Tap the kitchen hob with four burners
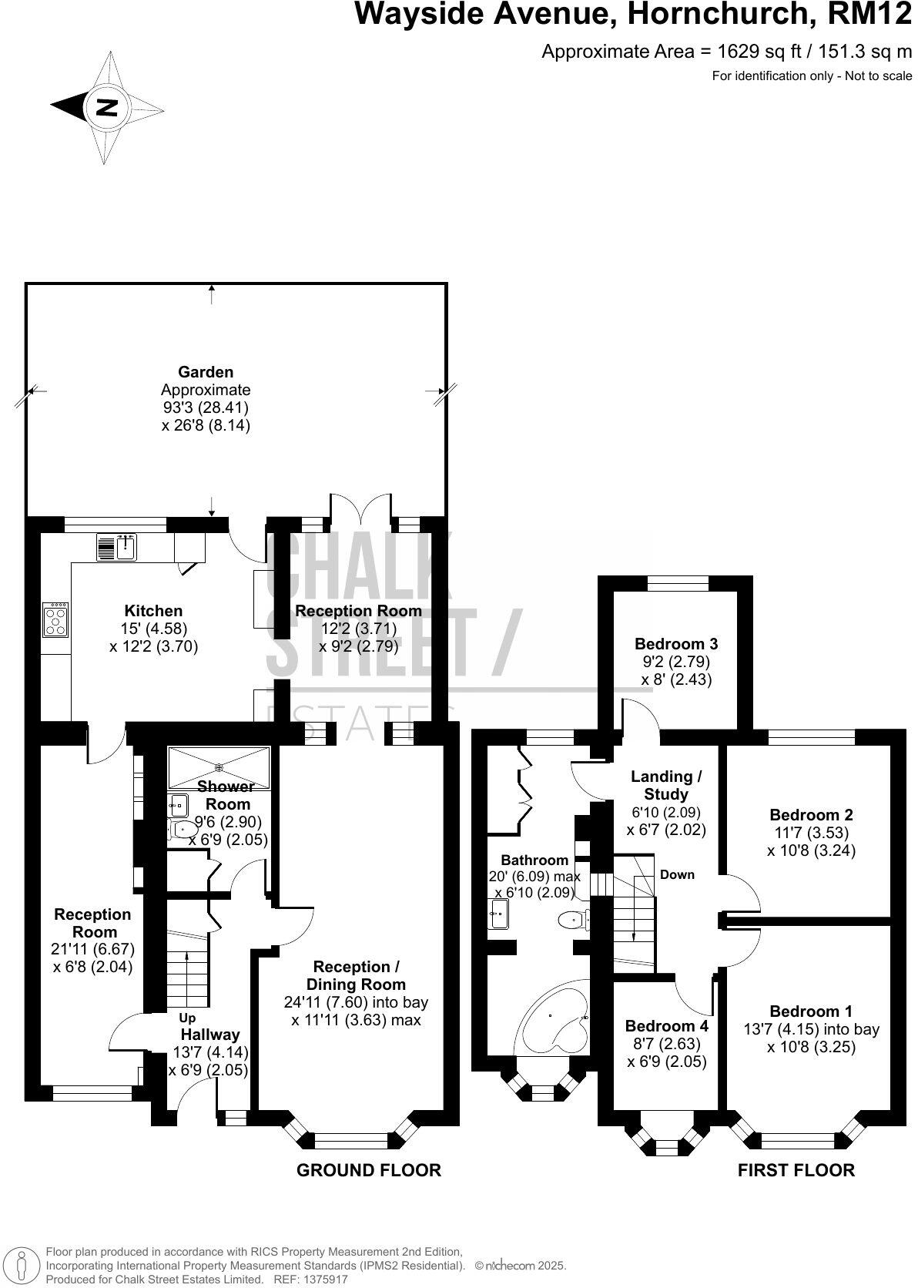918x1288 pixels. pos(55,619)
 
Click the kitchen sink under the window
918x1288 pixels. pos(126,547)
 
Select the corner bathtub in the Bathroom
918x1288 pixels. pos(553,1025)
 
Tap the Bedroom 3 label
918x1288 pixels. pos(675,643)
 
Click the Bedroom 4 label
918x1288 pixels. pos(665,1026)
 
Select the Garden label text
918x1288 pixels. pos(206,372)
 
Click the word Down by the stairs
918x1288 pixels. pos(677,874)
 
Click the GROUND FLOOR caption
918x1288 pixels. pos(368,1170)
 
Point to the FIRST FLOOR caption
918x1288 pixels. pos(796,1170)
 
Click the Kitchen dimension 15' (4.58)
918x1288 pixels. pos(154,629)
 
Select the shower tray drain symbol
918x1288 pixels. pos(219,767)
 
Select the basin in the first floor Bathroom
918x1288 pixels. pos(498,915)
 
